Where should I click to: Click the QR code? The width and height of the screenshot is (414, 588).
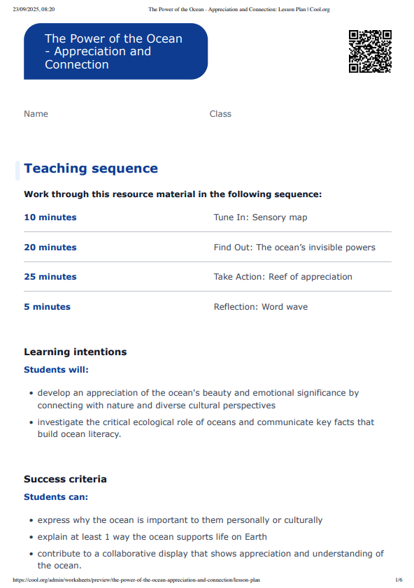coord(370,51)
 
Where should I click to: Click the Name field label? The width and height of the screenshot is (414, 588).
coord(36,114)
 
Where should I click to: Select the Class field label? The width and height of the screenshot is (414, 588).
coord(220,114)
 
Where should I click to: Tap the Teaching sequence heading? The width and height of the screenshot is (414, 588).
coord(91,168)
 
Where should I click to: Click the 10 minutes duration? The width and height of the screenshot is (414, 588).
coord(50,217)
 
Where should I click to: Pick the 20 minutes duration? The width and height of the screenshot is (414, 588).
coord(50,248)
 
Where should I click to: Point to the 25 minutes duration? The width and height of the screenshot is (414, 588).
coord(50,277)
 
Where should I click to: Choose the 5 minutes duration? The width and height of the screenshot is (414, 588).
coord(47,307)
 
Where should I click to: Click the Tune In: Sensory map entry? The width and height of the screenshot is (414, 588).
coord(260,217)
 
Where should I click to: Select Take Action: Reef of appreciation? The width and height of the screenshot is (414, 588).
coord(283,277)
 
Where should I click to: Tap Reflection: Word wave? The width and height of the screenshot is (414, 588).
coord(260,307)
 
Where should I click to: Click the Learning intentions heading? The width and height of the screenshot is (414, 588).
coord(76,352)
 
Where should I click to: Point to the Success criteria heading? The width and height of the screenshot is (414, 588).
coord(65,480)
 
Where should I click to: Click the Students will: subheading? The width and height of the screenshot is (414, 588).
coord(57,370)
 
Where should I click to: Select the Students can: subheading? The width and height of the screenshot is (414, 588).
coord(56,497)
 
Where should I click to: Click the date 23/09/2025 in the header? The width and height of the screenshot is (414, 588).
coord(25,10)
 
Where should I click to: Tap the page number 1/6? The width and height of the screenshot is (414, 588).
coord(399,580)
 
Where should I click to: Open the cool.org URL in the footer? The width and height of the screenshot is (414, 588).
coord(137,580)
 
